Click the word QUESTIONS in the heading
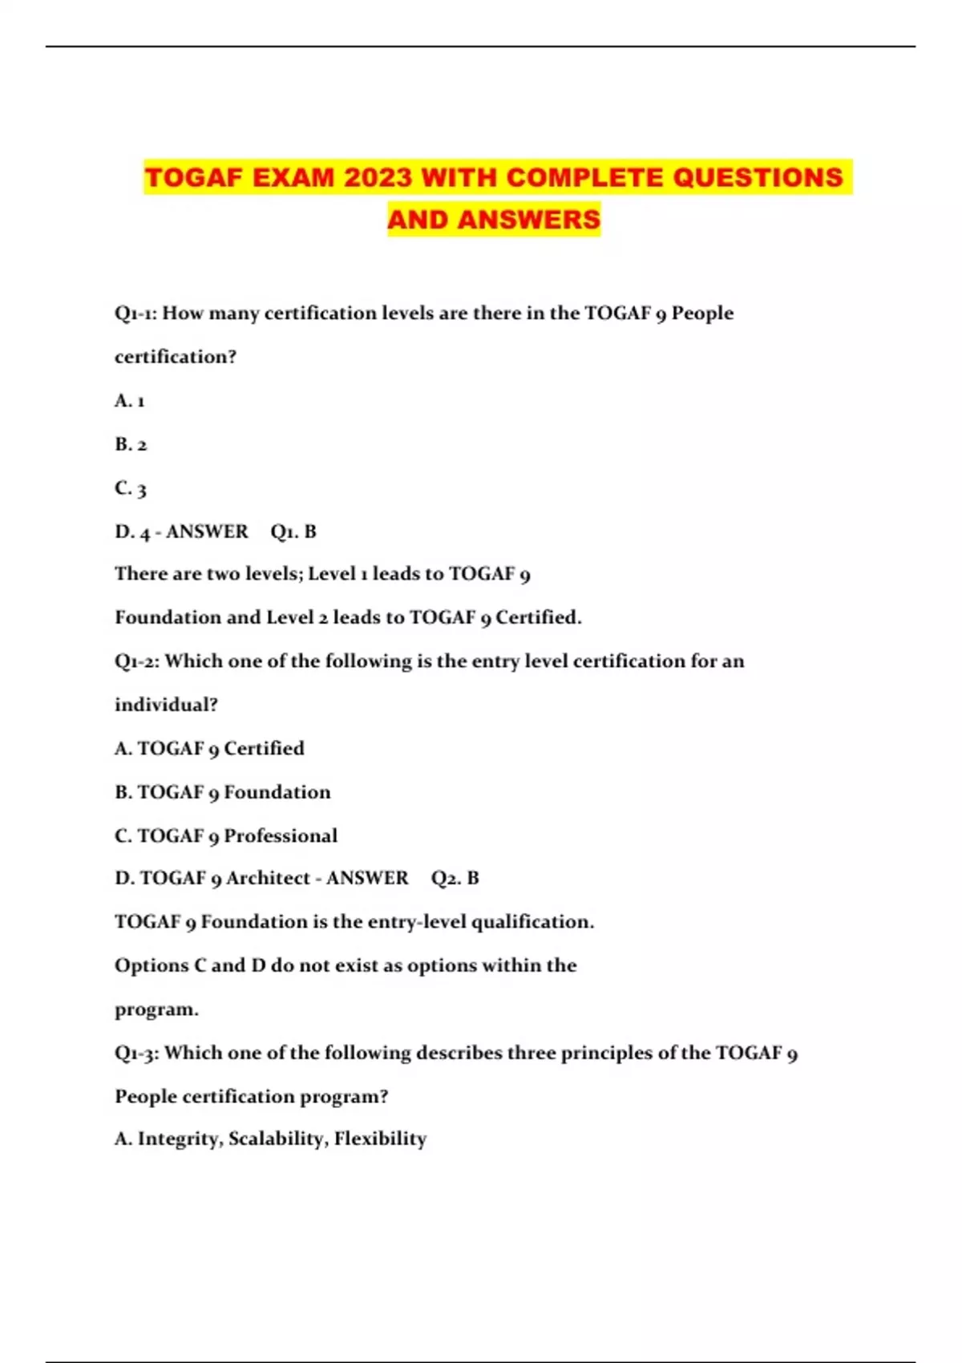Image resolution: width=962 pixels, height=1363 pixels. point(758,177)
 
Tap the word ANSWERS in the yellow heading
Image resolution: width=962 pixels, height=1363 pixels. point(528,219)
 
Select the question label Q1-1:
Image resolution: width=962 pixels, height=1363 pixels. point(136,313)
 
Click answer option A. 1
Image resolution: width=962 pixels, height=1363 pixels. point(130,401)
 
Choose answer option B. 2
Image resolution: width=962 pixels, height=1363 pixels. point(131,444)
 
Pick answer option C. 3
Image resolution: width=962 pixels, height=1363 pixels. point(131,488)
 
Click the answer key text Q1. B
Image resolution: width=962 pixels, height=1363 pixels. point(293,532)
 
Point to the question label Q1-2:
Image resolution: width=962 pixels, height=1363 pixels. point(137,661)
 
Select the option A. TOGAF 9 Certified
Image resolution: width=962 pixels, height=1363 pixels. point(209,749)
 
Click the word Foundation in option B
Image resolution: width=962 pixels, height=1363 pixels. point(277,792)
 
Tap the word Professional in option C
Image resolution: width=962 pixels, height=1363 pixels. point(281,836)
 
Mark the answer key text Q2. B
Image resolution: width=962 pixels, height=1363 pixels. point(455,879)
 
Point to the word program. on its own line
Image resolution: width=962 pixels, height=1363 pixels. point(156,1009)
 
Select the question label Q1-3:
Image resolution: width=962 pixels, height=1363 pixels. point(137,1053)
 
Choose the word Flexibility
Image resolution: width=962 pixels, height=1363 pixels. point(380,1139)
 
